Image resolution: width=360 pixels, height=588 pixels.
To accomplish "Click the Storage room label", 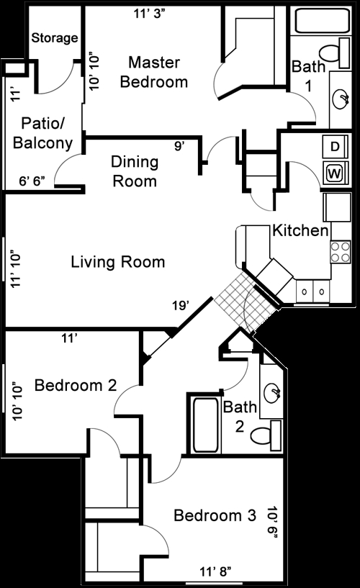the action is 55,37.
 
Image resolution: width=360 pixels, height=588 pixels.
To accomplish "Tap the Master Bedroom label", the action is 154,72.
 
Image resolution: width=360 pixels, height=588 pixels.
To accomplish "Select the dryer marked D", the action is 336,146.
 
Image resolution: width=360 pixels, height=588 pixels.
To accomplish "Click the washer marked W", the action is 336,173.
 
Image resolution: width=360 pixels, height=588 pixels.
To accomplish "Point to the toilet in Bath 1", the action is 335,53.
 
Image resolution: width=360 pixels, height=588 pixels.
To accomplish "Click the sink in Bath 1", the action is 341,99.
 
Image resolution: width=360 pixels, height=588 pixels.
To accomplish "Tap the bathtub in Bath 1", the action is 323,21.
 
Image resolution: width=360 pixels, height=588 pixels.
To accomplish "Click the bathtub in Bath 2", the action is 204,425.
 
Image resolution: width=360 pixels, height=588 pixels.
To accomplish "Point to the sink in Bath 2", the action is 272,393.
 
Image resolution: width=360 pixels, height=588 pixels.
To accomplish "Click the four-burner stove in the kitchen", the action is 340,252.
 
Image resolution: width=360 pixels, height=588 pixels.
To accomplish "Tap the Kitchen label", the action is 300,230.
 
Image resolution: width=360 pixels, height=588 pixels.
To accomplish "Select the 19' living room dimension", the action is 181,306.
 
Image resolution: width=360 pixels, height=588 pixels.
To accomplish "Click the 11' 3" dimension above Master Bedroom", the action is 149,14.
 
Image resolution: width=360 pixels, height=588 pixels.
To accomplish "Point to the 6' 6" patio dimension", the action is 32,181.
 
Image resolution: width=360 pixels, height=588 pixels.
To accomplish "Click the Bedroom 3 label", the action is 215,515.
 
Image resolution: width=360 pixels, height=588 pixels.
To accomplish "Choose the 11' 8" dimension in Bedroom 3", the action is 215,571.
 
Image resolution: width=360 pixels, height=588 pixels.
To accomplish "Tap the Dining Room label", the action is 135,171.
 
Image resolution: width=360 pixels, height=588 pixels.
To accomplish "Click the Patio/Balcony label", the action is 42,133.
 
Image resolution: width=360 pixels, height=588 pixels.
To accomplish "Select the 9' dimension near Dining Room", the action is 179,146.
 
